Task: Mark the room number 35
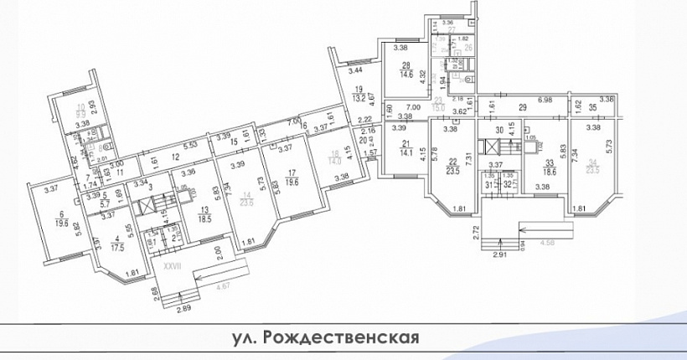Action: [x=591, y=108]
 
